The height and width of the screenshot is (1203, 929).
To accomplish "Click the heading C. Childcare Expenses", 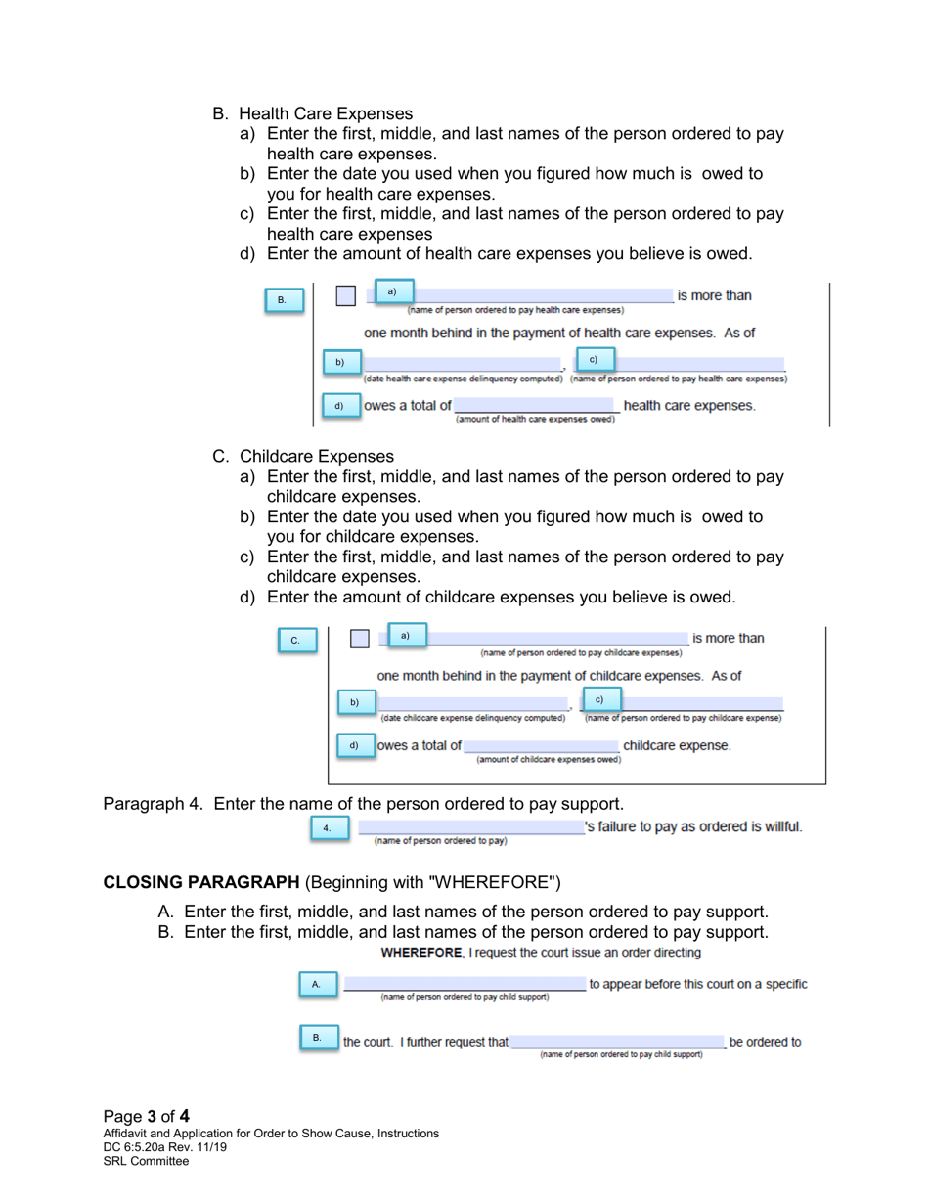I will coord(303,457).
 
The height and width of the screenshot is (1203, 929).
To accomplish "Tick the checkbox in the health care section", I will coord(345,296).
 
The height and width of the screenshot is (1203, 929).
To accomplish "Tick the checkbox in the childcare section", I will coord(360,639).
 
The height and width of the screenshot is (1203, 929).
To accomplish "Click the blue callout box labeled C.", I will coord(295,641).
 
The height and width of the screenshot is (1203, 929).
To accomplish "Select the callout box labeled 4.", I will coord(328,829).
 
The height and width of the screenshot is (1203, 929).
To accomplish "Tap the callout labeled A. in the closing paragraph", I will coord(316,983).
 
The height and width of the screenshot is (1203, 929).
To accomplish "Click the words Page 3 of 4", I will coord(147,1116).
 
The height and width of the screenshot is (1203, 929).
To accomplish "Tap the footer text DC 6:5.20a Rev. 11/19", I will coord(165,1147).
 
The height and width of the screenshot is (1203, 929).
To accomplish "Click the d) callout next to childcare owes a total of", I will coord(355,745).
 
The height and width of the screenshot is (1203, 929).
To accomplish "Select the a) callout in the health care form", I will coord(391,291).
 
